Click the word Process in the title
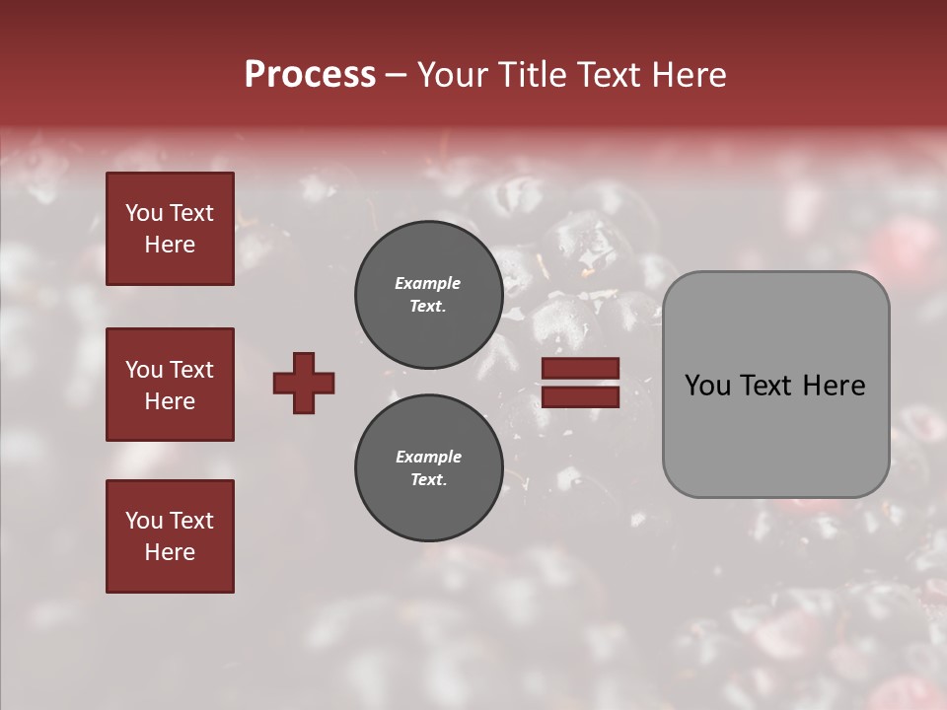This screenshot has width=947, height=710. click(x=310, y=75)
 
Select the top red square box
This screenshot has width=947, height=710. click(x=170, y=229)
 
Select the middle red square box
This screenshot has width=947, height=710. click(x=170, y=385)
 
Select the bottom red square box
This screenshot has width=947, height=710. click(x=170, y=536)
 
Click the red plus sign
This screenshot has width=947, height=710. click(x=304, y=383)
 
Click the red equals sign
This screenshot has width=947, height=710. click(x=580, y=383)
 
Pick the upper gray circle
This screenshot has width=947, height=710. click(x=429, y=295)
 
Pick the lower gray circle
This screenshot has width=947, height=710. click(x=429, y=468)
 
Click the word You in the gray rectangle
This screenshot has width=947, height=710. click(x=706, y=386)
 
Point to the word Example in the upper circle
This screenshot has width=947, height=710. click(x=428, y=283)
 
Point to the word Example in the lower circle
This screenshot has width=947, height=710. click(x=428, y=457)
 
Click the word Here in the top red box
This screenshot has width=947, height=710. click(x=170, y=245)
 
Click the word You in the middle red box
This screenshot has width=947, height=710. click(x=142, y=370)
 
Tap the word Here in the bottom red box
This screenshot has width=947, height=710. click(x=170, y=552)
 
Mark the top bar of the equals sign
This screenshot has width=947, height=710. click(x=580, y=369)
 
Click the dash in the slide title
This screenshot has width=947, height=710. click(x=397, y=75)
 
